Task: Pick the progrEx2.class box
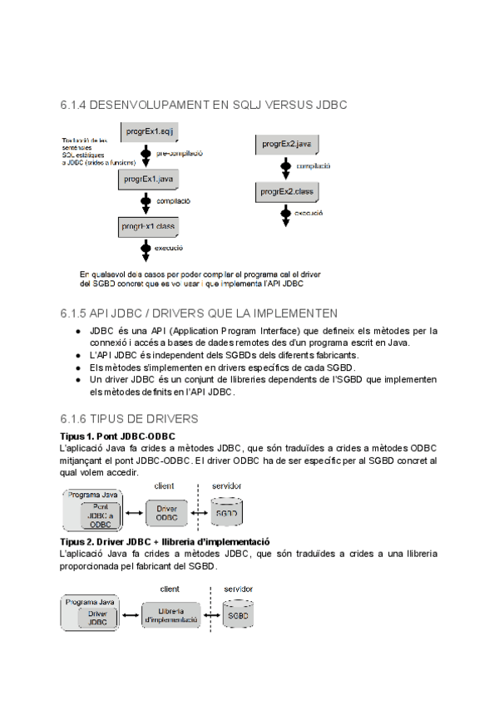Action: click(x=284, y=192)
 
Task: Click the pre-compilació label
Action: click(x=180, y=154)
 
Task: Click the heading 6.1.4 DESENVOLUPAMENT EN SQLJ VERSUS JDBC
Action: click(x=204, y=106)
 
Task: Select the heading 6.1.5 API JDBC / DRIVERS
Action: click(x=199, y=313)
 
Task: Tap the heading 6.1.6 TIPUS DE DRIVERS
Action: click(x=129, y=418)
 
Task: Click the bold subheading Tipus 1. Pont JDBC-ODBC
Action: click(x=117, y=436)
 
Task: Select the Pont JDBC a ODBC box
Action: click(x=100, y=515)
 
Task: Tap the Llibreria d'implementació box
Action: click(x=170, y=615)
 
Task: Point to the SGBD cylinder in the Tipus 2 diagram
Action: click(x=239, y=616)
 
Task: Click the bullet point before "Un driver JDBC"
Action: click(x=77, y=379)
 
